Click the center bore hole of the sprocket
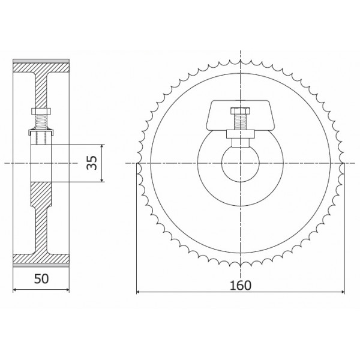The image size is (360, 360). [240, 163]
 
